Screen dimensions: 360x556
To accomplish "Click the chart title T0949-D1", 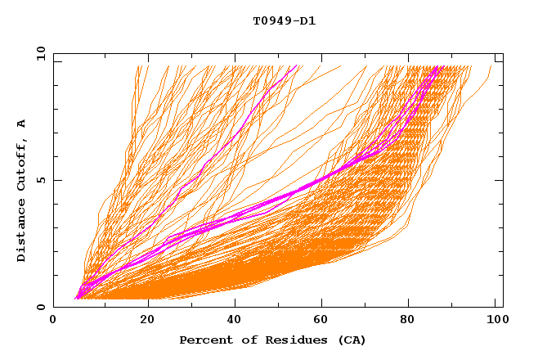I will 285,21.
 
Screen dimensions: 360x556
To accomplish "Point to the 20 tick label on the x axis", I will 147,321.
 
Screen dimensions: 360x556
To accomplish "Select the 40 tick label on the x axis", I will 235,321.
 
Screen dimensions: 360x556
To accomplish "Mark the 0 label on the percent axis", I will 54,321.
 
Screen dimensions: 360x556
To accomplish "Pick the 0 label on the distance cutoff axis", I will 41,308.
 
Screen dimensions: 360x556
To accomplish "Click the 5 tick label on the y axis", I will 41,180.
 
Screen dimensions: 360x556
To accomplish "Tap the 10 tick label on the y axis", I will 38,53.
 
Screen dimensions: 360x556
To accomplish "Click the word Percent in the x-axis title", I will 204,340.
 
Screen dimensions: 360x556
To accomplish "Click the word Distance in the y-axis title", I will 22,232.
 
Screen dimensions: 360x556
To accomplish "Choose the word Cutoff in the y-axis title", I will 22,163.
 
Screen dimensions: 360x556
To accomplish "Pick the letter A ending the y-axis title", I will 22,124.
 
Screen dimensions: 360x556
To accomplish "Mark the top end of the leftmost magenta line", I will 296,67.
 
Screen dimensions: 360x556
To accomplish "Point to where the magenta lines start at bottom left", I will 76,298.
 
